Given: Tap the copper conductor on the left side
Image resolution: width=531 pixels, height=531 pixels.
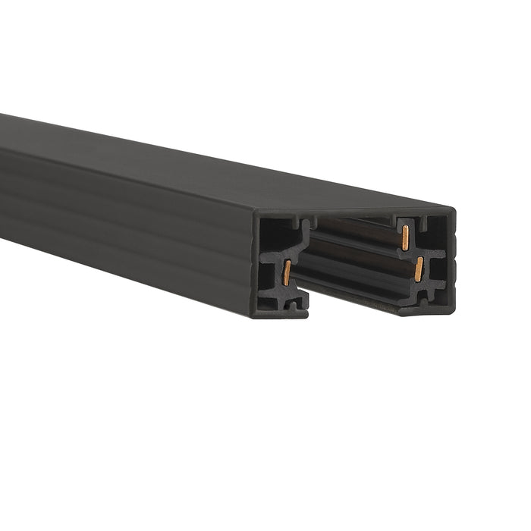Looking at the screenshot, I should (287, 271).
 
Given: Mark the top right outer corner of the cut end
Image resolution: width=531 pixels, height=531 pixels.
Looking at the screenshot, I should (455, 207).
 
